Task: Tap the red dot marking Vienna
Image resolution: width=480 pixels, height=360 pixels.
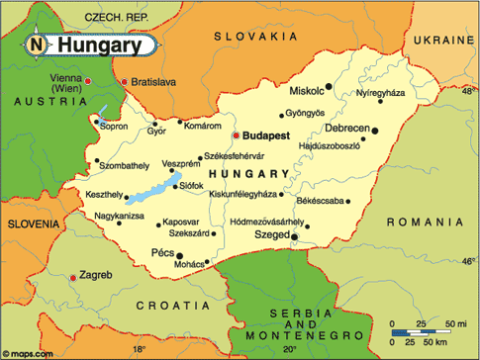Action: [88, 80]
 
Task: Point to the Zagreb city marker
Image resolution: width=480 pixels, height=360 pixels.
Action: [72, 278]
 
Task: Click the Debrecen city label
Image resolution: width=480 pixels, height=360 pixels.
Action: [346, 129]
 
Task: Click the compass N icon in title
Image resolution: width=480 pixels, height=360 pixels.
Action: [37, 45]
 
